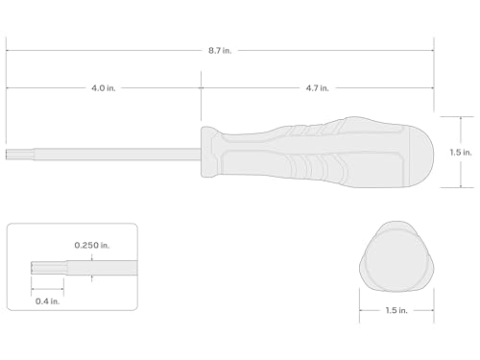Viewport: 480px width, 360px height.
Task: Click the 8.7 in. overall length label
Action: [x=220, y=51]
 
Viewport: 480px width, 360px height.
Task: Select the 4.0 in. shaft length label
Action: [x=104, y=88]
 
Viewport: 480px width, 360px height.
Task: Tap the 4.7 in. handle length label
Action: [x=317, y=88]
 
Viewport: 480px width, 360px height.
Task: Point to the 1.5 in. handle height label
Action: [x=461, y=153]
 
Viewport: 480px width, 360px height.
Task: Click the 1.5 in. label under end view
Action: [x=396, y=310]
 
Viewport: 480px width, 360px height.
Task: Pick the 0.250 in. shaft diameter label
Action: [x=92, y=246]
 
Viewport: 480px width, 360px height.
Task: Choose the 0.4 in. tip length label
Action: [x=47, y=301]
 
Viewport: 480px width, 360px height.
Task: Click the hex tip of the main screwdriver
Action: [x=20, y=155]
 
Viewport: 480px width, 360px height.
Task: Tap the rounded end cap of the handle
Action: [x=421, y=156]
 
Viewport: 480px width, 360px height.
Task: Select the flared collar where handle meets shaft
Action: [x=211, y=152]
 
